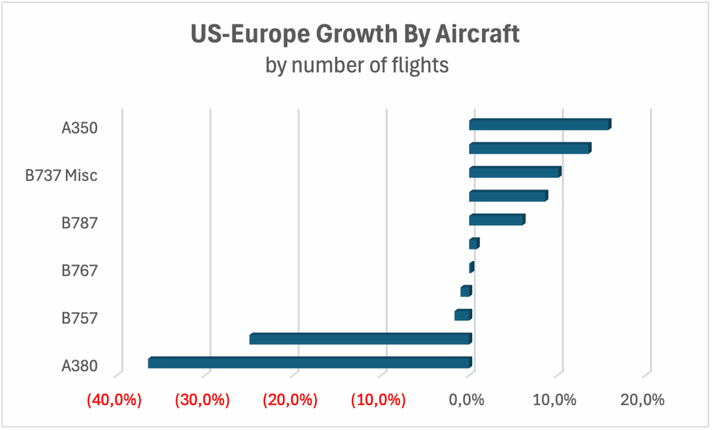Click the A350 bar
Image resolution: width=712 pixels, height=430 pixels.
click(540, 125)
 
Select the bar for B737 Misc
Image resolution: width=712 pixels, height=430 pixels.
click(515, 172)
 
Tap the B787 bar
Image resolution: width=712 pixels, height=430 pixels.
click(496, 220)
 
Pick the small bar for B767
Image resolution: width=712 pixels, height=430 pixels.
click(471, 267)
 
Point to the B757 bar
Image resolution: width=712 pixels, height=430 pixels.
click(463, 315)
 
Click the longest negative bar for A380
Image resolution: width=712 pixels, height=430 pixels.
click(309, 363)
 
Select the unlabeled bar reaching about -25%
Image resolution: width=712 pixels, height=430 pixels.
click(360, 339)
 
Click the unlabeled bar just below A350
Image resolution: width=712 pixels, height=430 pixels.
click(530, 148)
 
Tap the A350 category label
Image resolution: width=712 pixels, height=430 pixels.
click(79, 128)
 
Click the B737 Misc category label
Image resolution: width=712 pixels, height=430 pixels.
click(61, 175)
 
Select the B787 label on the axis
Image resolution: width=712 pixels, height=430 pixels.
click(79, 223)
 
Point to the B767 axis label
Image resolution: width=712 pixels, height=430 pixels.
click(79, 271)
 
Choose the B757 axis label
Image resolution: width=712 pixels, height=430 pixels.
click(79, 319)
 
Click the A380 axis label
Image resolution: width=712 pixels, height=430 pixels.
click(79, 366)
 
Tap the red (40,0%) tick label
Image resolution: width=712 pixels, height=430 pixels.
click(114, 401)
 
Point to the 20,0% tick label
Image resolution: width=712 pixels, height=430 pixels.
click(643, 401)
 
